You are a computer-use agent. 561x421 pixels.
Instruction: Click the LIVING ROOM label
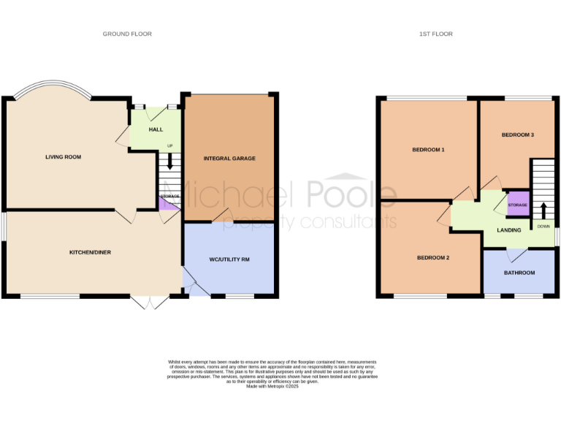[63, 157]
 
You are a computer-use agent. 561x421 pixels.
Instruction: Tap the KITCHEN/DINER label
[90, 252]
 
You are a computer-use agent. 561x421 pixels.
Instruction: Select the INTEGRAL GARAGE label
[229, 159]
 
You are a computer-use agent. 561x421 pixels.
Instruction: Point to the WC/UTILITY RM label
[229, 259]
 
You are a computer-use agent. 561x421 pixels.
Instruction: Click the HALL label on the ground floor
[156, 129]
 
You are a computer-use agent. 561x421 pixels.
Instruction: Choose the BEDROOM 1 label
[429, 150]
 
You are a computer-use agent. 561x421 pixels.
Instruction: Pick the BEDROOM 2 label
[433, 258]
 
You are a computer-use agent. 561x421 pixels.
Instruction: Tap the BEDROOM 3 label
[518, 135]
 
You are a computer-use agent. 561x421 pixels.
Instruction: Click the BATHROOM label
[519, 273]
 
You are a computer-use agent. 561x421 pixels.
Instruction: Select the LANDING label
[509, 230]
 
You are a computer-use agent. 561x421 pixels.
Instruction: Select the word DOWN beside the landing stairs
[543, 226]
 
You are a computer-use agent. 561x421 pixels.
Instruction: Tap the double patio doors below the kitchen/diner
[148, 302]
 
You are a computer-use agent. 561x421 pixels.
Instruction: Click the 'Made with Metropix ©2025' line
[272, 386]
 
